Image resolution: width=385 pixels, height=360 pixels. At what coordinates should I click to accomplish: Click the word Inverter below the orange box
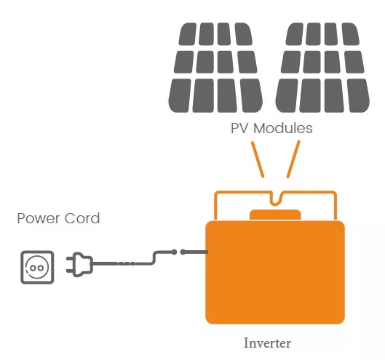coord(267,343)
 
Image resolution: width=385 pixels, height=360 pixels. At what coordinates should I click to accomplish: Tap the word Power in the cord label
coord(39,218)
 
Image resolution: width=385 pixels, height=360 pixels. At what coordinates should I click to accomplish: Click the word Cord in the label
coord(82,218)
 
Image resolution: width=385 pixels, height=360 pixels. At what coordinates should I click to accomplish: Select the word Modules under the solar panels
coord(283,128)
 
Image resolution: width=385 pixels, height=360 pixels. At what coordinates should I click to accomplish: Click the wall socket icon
coord(37,267)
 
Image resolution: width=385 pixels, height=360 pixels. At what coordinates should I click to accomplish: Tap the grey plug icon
coord(80,265)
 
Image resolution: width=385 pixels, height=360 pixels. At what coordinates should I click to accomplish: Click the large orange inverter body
coord(275,273)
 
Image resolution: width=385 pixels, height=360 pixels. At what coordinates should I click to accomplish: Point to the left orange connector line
coord(258,159)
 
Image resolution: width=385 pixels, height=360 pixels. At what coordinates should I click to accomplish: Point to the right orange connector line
coord(293,159)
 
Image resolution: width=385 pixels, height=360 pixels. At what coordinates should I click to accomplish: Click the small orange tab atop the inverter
coord(275,215)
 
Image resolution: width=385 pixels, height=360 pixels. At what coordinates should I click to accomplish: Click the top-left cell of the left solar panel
coord(188,34)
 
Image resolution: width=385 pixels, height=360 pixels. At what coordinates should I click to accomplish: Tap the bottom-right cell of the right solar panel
coord(359,96)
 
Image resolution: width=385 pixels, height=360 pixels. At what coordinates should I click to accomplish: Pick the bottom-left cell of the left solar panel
coord(180,96)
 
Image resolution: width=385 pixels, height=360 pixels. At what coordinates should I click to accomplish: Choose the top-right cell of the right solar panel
coord(351,34)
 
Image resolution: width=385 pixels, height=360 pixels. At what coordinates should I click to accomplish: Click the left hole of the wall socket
coord(33,268)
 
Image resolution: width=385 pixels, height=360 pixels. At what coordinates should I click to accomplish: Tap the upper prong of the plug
coord(70,259)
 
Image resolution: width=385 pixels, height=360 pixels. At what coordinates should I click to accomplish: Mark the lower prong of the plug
coord(70,271)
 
